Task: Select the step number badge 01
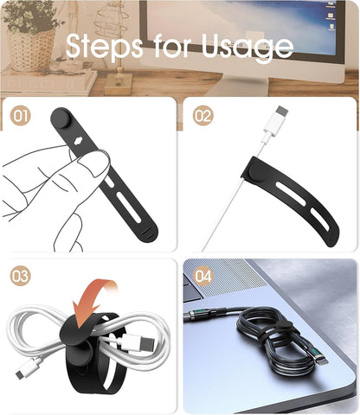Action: pyautogui.click(x=22, y=115)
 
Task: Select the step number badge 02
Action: pyautogui.click(x=202, y=115)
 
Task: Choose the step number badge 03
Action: pyautogui.click(x=22, y=277)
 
